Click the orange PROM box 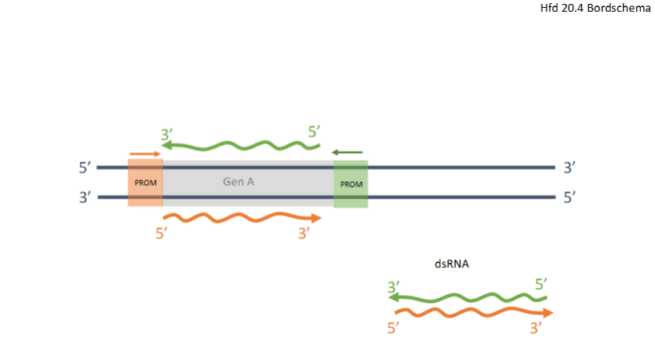click(x=145, y=182)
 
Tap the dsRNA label click(x=453, y=265)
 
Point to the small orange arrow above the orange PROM click(x=144, y=154)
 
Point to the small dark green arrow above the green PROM click(x=347, y=152)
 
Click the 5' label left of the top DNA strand click(x=85, y=168)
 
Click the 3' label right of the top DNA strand click(x=569, y=168)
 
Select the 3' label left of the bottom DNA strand click(x=85, y=198)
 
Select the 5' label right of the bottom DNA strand click(x=569, y=198)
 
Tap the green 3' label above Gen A click(x=166, y=135)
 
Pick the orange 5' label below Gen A click(x=162, y=234)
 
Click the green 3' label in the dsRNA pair click(x=394, y=287)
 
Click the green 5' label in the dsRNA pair click(x=541, y=285)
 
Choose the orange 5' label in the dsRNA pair click(x=394, y=328)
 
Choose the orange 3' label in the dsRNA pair click(x=537, y=328)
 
